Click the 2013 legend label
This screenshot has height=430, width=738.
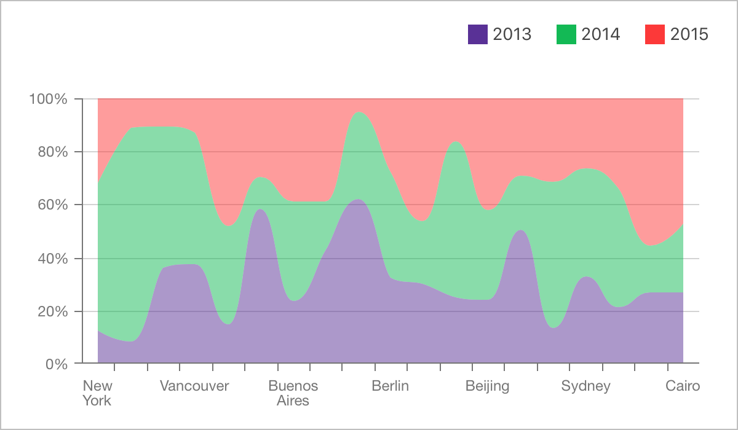(x=512, y=34)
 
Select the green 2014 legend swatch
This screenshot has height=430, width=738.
(x=566, y=34)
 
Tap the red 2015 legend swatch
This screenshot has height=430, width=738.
(x=655, y=34)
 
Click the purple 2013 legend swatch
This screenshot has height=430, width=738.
(x=478, y=34)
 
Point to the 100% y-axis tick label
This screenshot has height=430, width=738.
(x=48, y=99)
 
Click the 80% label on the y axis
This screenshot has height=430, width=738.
(x=52, y=152)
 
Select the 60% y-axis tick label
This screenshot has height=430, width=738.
(x=52, y=205)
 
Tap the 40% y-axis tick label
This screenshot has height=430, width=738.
(x=52, y=258)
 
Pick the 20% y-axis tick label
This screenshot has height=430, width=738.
(x=52, y=311)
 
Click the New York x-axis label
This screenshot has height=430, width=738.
(x=98, y=393)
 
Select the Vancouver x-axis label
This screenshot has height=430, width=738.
(x=194, y=386)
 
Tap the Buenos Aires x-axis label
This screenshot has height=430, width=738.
(x=293, y=393)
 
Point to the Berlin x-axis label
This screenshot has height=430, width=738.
(x=390, y=386)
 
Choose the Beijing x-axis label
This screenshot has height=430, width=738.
(x=487, y=386)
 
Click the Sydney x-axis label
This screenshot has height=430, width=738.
(x=585, y=386)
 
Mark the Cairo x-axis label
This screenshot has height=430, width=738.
(x=683, y=386)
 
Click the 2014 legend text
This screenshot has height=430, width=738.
(x=600, y=34)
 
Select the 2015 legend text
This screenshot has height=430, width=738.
(x=689, y=34)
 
